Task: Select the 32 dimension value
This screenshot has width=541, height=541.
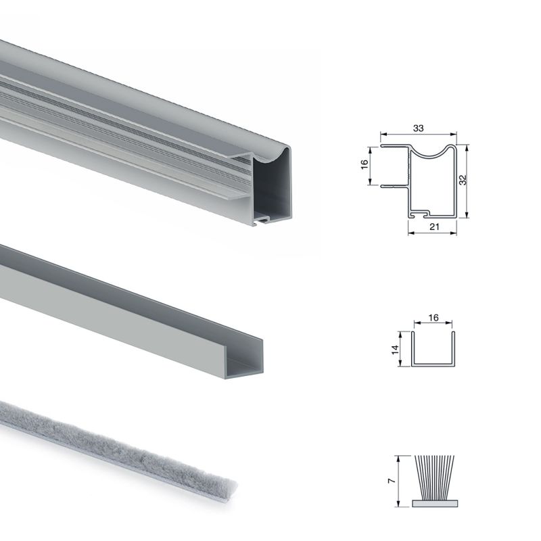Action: [x=463, y=180]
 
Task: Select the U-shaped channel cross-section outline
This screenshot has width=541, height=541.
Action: [x=433, y=366]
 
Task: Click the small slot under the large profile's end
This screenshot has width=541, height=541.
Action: [x=265, y=220]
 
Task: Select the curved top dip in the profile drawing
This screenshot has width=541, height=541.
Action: [x=433, y=153]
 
